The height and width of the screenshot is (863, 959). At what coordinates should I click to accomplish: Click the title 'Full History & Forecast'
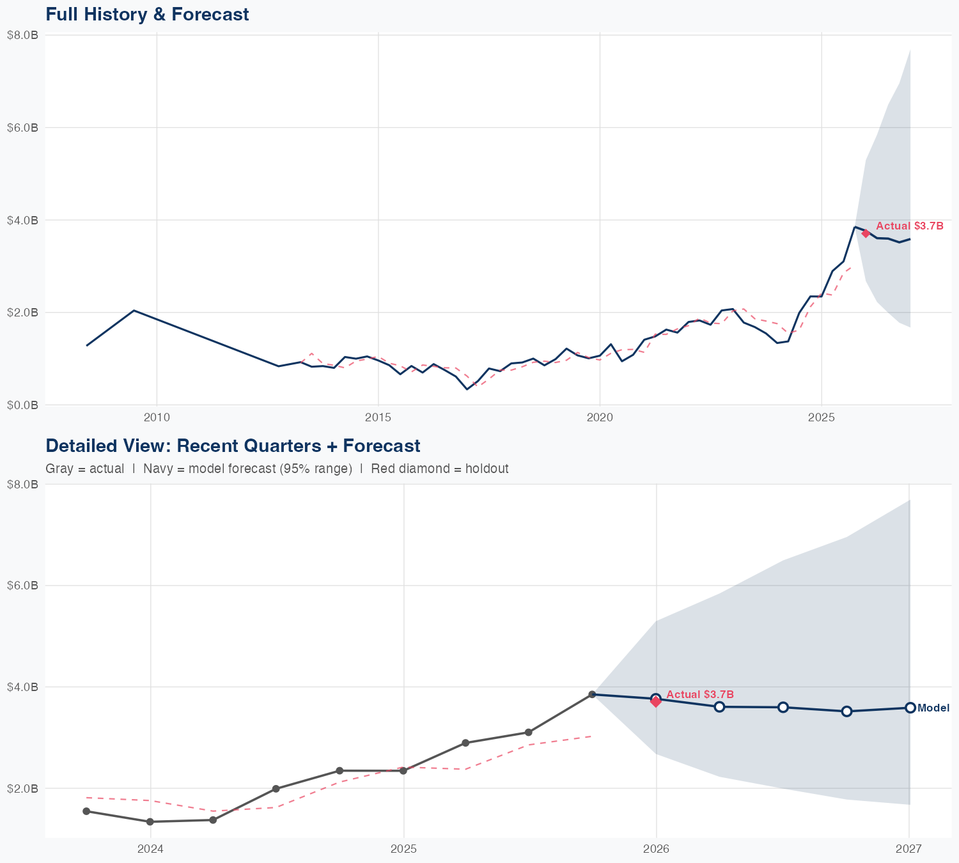tap(147, 14)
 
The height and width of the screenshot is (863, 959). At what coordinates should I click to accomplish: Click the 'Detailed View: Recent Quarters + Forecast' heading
tap(233, 446)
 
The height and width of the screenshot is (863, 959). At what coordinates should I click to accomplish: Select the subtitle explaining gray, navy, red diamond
tap(277, 469)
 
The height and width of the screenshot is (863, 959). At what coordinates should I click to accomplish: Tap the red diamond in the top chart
tap(866, 233)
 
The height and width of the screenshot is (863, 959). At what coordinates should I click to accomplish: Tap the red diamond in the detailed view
tap(656, 702)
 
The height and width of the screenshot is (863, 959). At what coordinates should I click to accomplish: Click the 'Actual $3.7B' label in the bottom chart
tap(699, 694)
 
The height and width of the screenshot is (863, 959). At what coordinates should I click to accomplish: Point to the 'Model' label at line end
tap(933, 708)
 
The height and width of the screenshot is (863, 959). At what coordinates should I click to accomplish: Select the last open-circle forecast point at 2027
tap(910, 708)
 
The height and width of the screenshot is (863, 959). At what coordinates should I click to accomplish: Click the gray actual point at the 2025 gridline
tap(403, 770)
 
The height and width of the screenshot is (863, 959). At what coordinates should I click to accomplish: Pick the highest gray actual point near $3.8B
tap(592, 694)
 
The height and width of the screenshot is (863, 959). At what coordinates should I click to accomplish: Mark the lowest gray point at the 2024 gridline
tap(150, 821)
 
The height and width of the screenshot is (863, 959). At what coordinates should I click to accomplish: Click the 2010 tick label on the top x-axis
tap(157, 417)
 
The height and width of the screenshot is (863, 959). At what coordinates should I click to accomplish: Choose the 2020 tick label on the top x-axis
tap(600, 417)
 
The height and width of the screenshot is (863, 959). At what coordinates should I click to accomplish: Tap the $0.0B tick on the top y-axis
tap(22, 405)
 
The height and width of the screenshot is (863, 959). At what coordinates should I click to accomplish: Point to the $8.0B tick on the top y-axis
tap(22, 35)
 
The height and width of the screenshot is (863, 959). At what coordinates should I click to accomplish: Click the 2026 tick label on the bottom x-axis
tap(656, 849)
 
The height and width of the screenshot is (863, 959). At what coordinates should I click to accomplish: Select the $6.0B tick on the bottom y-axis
tap(22, 586)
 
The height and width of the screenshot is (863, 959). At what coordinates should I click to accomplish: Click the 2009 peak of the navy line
tap(133, 311)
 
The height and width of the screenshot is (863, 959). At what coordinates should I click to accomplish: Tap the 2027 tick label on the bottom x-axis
tap(908, 849)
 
